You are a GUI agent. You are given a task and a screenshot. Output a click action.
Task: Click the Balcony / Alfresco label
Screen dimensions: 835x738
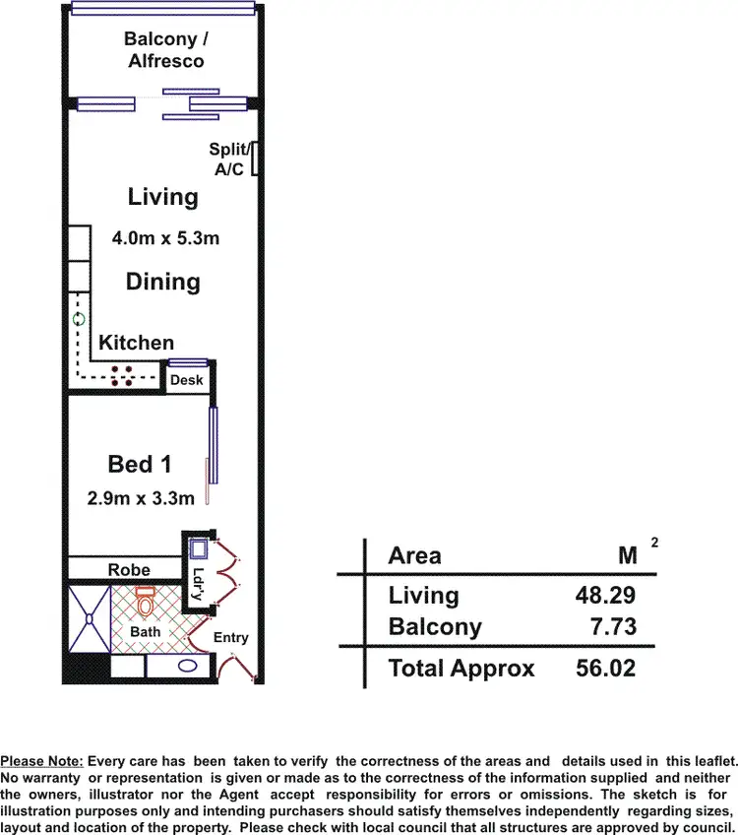(163, 50)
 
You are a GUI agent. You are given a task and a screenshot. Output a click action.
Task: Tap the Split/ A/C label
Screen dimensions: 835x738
(227, 160)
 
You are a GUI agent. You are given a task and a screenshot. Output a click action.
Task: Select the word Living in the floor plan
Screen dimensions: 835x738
(162, 197)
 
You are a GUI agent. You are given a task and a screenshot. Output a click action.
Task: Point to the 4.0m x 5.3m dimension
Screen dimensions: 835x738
(162, 238)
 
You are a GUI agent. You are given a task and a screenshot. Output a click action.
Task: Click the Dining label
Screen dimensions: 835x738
(162, 282)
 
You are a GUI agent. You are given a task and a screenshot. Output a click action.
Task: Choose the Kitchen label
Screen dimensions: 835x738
(136, 343)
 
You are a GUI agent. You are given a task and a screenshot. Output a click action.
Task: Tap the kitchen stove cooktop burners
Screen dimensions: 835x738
(124, 375)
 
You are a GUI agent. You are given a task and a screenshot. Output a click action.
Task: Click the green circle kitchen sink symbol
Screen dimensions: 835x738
(79, 320)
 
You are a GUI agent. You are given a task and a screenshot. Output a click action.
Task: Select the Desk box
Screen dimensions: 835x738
(187, 380)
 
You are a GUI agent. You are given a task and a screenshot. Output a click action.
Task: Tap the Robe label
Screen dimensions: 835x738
(129, 570)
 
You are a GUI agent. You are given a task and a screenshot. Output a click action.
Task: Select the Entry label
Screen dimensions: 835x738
(231, 638)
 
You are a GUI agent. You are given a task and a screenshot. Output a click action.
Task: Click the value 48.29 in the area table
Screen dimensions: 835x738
(606, 595)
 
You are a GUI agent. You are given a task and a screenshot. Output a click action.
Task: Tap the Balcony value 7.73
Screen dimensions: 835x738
(613, 626)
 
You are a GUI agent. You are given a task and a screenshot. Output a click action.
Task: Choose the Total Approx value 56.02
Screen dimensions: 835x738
(606, 669)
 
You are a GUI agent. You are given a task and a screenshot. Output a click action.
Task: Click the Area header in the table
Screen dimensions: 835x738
(415, 555)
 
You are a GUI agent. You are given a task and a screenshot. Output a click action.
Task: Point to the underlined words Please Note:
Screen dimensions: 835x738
(42, 761)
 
